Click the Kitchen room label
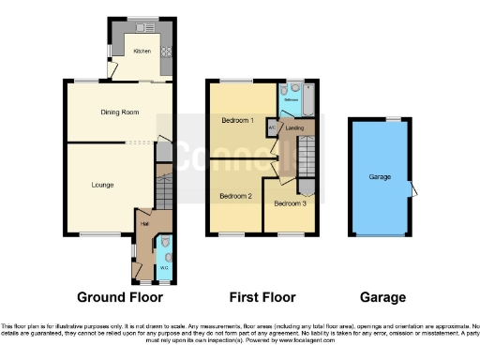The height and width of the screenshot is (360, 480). (x=142, y=52)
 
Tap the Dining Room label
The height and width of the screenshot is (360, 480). (x=120, y=112)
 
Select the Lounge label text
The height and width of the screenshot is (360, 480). (x=103, y=184)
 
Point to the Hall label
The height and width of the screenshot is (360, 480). (x=145, y=224)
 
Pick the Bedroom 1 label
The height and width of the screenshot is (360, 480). (x=238, y=121)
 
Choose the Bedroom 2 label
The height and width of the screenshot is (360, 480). (x=234, y=196)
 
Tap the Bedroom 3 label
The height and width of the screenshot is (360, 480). (x=290, y=202)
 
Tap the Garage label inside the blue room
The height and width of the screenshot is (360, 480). (x=380, y=176)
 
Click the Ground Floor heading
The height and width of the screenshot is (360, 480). (x=117, y=298)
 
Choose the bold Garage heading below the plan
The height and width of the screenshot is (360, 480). (x=382, y=298)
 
